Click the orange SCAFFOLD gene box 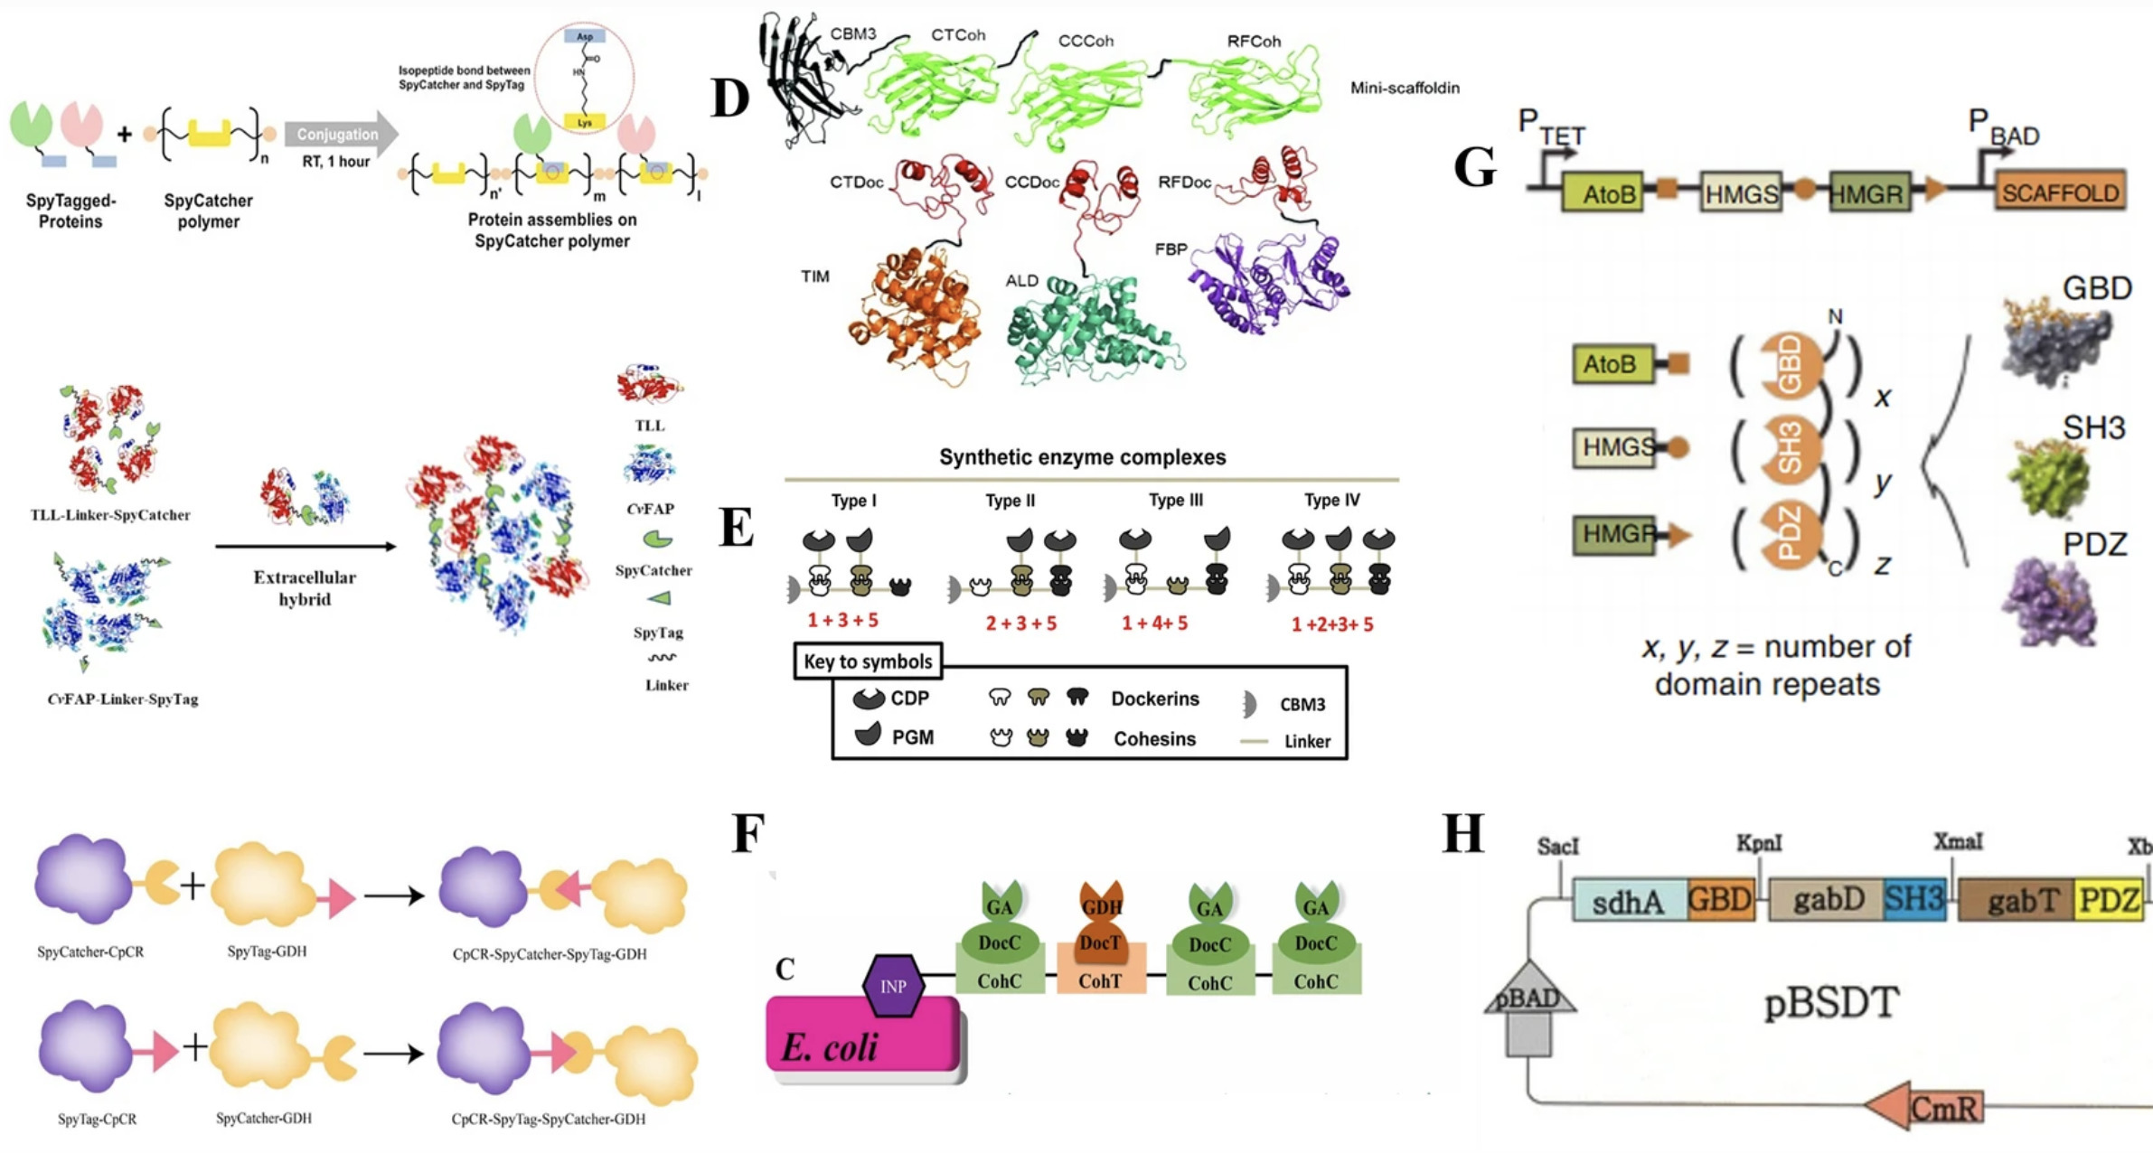pos(2059,192)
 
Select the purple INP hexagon pos(892,986)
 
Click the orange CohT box pos(1100,980)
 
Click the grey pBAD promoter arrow pos(1528,1008)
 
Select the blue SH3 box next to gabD pos(1913,899)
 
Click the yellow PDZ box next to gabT pos(2109,900)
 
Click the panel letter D pos(730,98)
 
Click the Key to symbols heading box pos(868,661)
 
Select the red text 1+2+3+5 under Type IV pos(1331,624)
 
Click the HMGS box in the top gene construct pos(1740,193)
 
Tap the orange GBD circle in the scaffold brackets pos(1790,365)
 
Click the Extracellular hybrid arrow pos(305,546)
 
